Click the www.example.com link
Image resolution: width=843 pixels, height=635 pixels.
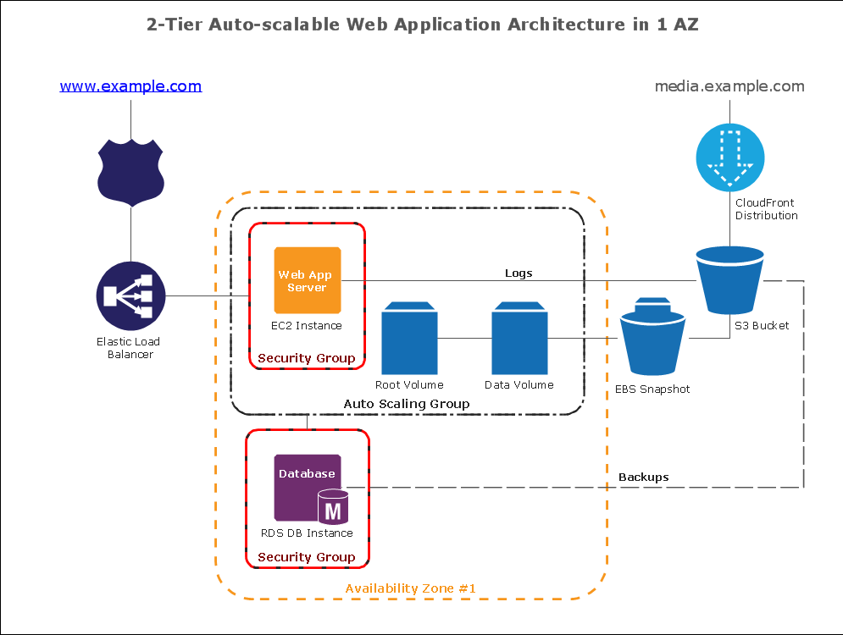(x=130, y=86)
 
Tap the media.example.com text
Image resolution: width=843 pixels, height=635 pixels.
(x=729, y=86)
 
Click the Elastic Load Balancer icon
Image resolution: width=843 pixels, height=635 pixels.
(x=130, y=295)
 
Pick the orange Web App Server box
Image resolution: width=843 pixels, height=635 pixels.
(x=307, y=280)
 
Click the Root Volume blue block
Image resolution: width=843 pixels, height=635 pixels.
(x=409, y=338)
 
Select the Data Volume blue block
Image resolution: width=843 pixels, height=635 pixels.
(x=519, y=338)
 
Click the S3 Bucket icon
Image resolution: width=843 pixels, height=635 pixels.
(x=729, y=279)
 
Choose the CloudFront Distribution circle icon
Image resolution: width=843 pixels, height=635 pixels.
(x=729, y=157)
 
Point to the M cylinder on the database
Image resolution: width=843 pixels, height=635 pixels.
(x=333, y=509)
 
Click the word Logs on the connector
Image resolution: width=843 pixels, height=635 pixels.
(x=519, y=273)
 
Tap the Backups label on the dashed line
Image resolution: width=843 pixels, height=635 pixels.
(x=643, y=477)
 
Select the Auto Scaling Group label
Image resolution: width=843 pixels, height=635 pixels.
(x=407, y=404)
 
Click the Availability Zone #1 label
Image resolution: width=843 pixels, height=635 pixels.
(x=411, y=588)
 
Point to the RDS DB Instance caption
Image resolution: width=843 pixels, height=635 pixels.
(x=307, y=533)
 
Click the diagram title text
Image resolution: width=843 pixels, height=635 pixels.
(x=422, y=24)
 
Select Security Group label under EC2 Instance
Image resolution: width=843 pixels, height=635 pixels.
(x=307, y=358)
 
